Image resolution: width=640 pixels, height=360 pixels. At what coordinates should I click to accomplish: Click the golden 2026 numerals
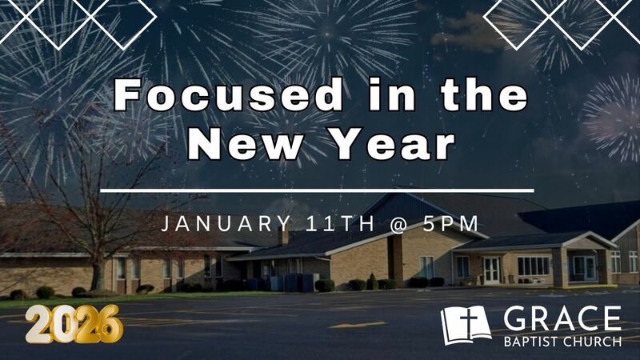pos(74,324)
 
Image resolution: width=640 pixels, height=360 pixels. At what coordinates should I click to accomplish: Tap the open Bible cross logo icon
pos(466,324)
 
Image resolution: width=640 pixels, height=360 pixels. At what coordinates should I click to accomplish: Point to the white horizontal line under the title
pos(320,190)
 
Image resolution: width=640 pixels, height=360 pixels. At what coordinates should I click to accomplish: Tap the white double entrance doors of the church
pos(491,270)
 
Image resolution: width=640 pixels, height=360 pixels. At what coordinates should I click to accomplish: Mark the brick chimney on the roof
pos(283,236)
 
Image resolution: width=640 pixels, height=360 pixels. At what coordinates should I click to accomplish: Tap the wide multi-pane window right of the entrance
pos(534,266)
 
